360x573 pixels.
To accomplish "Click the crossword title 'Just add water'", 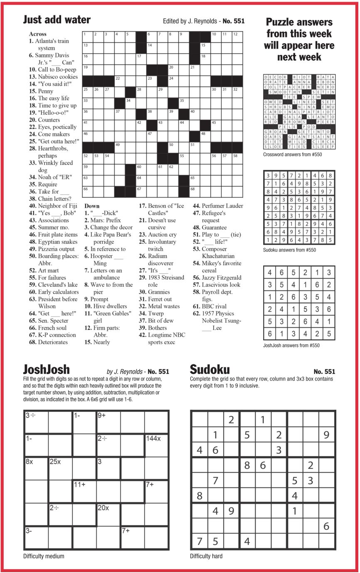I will (x=57, y=20).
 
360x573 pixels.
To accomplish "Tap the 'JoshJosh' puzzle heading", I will (x=47, y=369).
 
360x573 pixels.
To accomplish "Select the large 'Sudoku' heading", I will (x=210, y=369).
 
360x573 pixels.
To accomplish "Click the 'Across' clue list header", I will (x=38, y=34).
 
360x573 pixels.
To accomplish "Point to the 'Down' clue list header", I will (x=92, y=206).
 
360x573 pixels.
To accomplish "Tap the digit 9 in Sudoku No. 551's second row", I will (x=327, y=435).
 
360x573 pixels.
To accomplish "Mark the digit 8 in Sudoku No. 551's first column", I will (x=200, y=496).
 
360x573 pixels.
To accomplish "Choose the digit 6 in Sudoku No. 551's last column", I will (x=327, y=526).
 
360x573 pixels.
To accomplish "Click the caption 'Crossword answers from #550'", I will (x=292, y=155).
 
